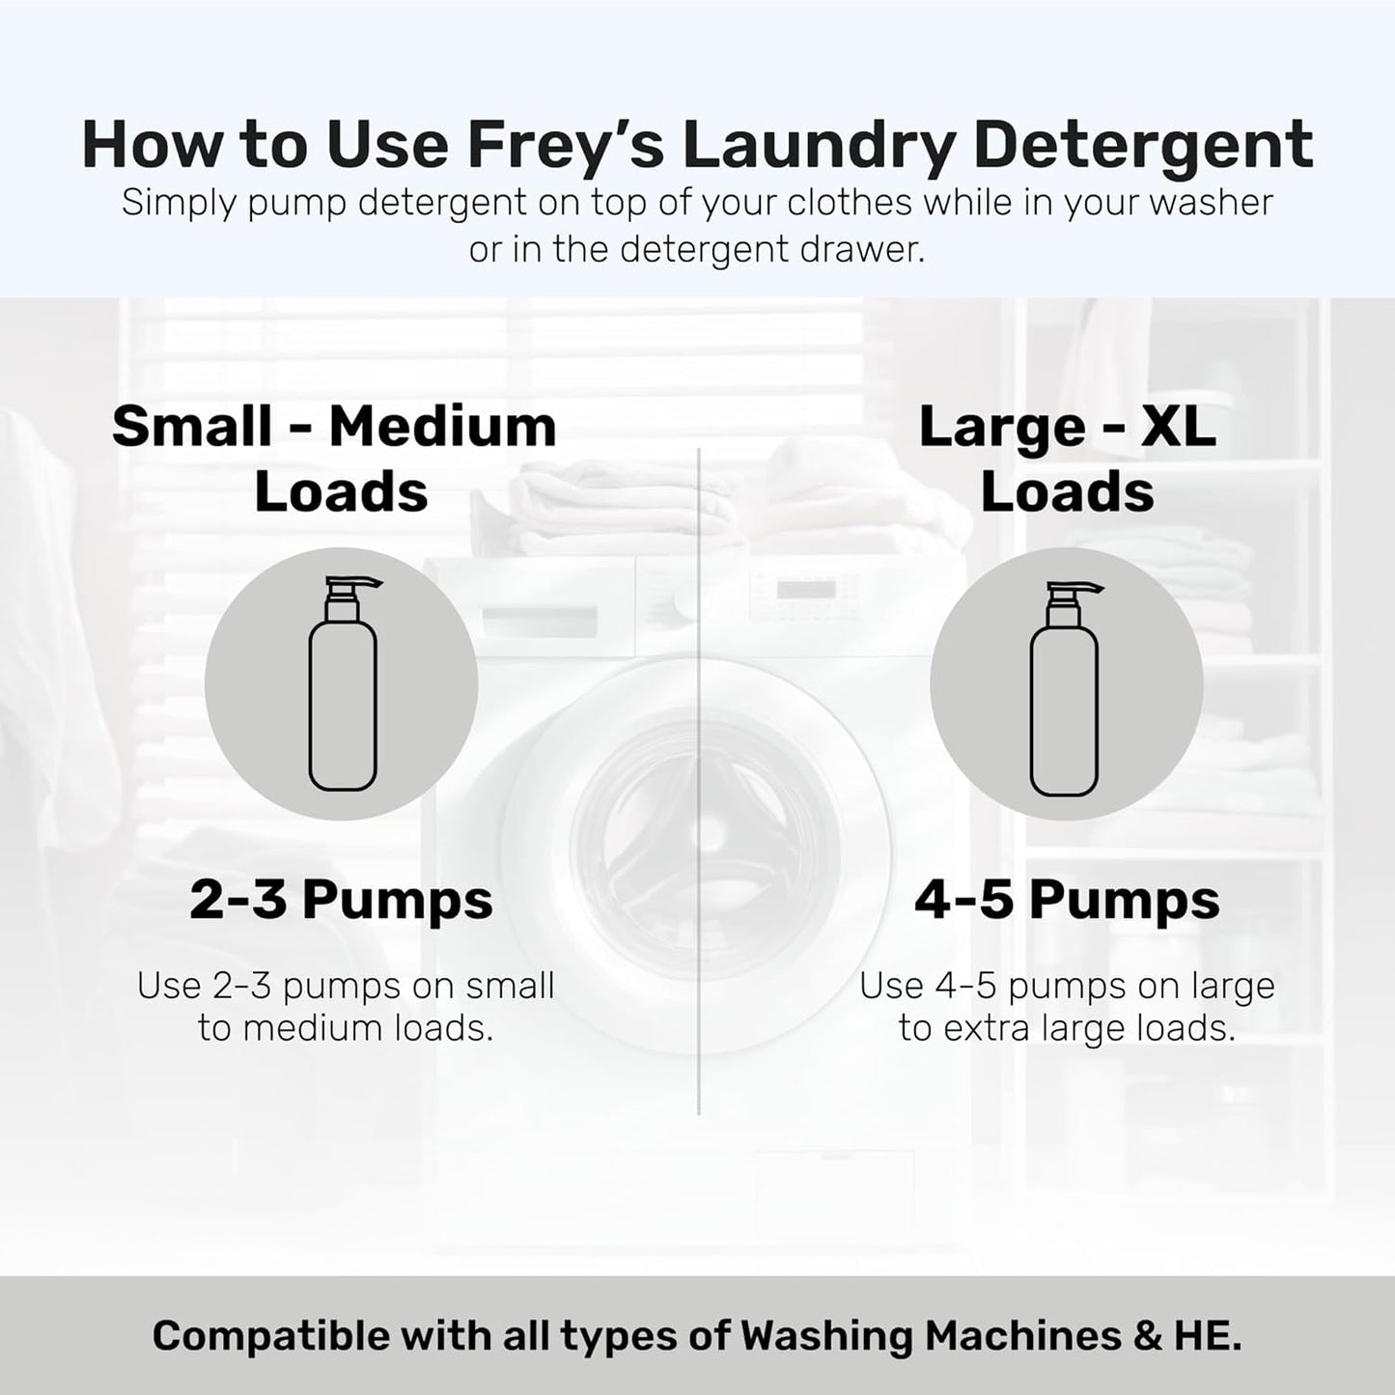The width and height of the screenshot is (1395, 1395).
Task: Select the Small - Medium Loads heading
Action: [335, 459]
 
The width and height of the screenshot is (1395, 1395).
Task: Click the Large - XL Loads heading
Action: [1067, 459]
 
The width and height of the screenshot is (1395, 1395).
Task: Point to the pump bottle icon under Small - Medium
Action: [342, 685]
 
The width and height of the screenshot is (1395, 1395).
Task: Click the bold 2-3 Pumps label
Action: [341, 900]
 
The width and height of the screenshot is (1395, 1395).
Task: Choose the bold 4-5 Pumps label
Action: [1067, 900]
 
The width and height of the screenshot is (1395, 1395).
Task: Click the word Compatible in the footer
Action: [272, 1336]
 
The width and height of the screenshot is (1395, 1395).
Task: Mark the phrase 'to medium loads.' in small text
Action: [346, 1029]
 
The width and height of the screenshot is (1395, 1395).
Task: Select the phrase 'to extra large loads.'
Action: [1067, 1029]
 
